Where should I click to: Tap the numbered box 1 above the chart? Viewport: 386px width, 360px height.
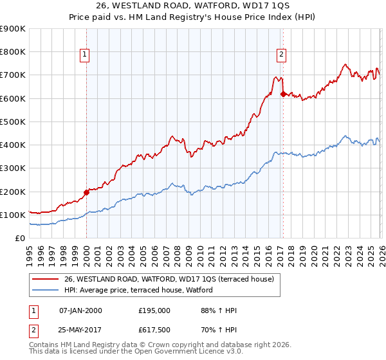85,55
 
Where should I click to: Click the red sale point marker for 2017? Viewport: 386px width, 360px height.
283,94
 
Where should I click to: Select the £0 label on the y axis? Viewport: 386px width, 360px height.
19,238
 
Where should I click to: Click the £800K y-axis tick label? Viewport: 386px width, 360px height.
12,52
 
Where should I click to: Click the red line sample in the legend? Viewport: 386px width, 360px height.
46,279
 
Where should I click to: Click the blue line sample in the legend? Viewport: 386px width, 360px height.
46,290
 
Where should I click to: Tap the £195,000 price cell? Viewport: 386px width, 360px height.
154,310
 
